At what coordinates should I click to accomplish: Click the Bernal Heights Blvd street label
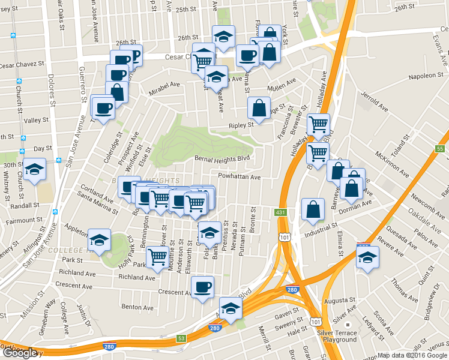tap(222, 158)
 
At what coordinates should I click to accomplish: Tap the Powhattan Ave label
tap(240, 177)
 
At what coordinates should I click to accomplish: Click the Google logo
tap(20, 352)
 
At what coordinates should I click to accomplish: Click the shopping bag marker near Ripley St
tap(259, 109)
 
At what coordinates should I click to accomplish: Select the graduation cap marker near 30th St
tap(35, 169)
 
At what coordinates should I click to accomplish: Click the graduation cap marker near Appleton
tap(99, 241)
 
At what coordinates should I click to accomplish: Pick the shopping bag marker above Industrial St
tap(313, 209)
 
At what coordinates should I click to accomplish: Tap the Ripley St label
tap(241, 126)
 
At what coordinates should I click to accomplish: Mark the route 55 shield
tap(440, 148)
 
